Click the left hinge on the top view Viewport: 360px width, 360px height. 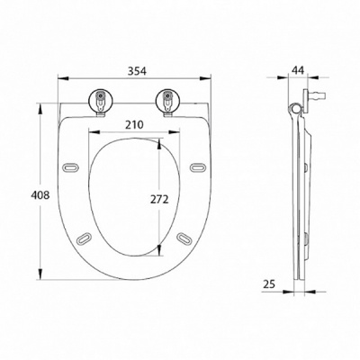pos(98,99)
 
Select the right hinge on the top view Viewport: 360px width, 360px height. pos(168,99)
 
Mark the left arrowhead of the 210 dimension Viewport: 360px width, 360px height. pos(90,135)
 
